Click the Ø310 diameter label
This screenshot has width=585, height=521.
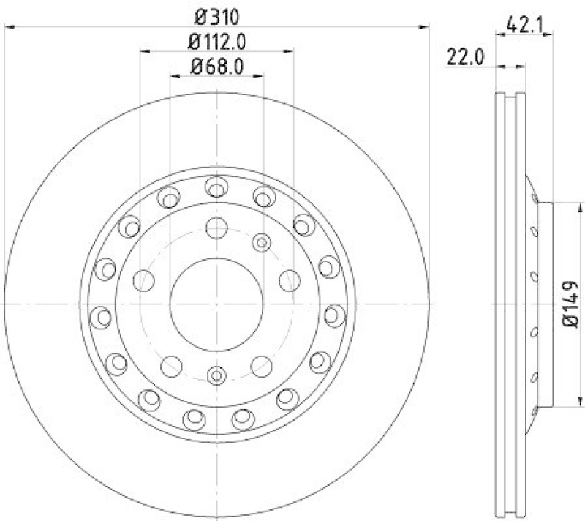(x=216, y=15)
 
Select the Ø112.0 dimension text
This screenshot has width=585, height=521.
(x=216, y=42)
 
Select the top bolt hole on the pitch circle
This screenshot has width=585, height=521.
(x=216, y=228)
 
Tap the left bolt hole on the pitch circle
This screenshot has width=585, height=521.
(x=145, y=280)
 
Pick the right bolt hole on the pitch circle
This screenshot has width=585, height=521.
(x=289, y=280)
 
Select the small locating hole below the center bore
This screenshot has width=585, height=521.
(x=216, y=375)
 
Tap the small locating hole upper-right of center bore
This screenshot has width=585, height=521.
(x=261, y=241)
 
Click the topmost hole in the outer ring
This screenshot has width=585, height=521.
(x=215, y=187)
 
